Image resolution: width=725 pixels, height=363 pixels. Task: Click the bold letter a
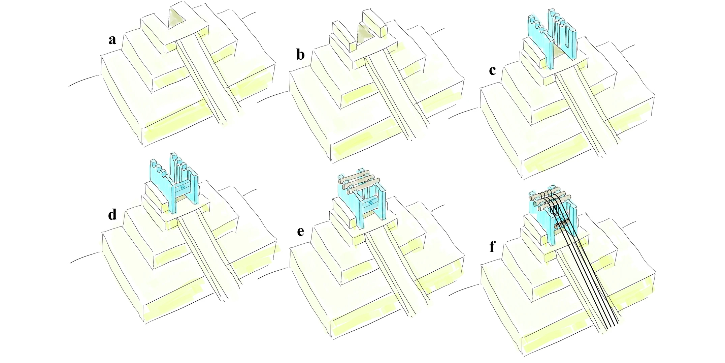(112, 40)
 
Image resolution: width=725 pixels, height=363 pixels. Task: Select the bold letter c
(492, 70)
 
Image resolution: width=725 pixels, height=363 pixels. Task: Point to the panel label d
(112, 214)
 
